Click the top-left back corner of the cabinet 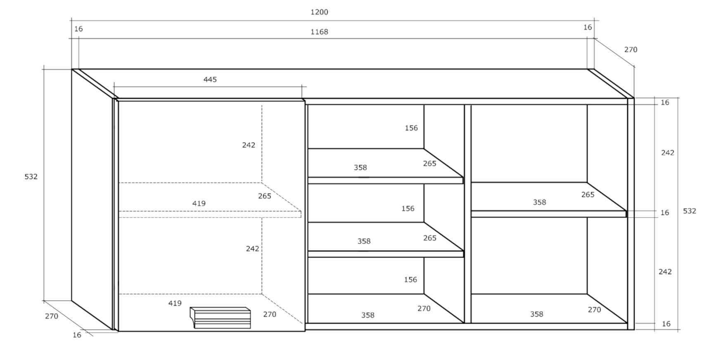point(72,69)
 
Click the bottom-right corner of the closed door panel point(305,331)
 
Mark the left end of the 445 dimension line point(114,86)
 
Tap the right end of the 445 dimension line point(302,86)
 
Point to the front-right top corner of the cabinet point(634,98)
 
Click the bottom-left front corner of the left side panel point(112,329)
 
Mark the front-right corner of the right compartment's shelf point(626,211)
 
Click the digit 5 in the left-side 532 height point(26,177)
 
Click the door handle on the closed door point(221,318)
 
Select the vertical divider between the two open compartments point(467,214)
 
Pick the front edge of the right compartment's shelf point(548,214)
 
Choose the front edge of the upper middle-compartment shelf point(385,180)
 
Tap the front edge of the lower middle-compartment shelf point(385,254)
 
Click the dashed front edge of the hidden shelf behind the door point(210,214)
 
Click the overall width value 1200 point(319,12)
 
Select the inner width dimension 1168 point(319,32)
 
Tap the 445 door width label point(210,80)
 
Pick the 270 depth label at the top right point(631,50)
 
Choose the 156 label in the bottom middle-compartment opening point(410,279)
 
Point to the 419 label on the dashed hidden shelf point(199,204)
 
